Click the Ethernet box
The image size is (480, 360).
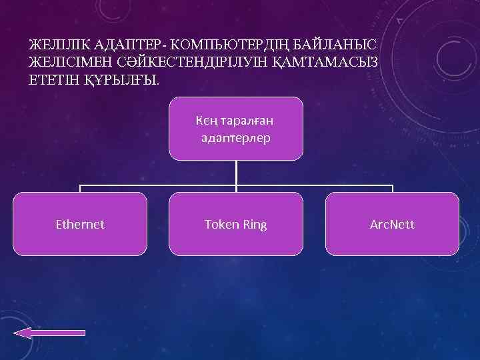click(80, 224)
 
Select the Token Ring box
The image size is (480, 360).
click(235, 224)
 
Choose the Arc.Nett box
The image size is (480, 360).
click(392, 224)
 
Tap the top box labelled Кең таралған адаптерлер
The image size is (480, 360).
click(235, 129)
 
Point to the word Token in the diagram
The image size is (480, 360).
click(221, 225)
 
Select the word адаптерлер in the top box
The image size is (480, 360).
click(235, 139)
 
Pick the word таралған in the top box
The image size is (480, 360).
click(247, 121)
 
